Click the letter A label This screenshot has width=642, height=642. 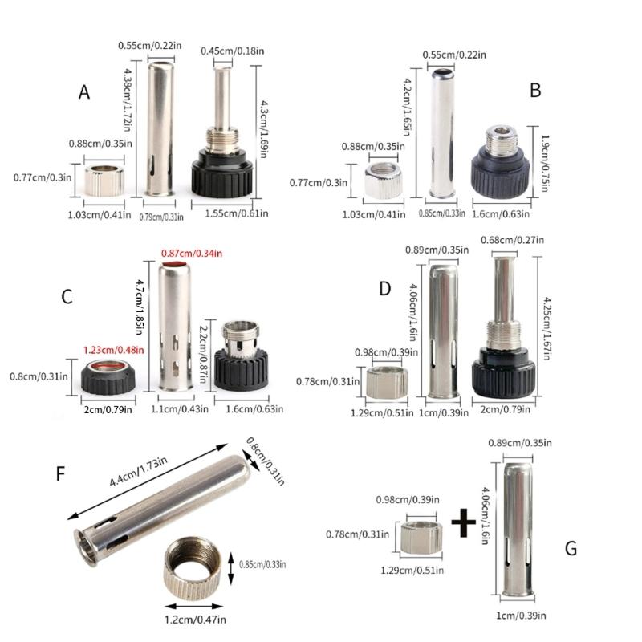click(84, 92)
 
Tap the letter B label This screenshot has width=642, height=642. click(536, 90)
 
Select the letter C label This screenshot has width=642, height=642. click(67, 297)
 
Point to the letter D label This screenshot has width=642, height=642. click(384, 286)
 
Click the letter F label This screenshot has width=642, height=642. click(60, 473)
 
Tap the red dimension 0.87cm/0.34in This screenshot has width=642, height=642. click(191, 254)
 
